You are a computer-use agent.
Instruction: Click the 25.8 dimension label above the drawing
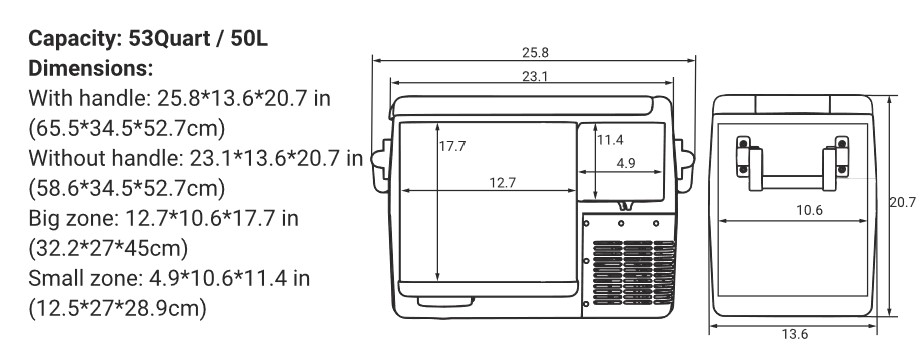click(x=535, y=52)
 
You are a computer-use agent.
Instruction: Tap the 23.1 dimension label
click(x=535, y=76)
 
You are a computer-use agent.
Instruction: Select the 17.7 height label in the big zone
click(x=452, y=147)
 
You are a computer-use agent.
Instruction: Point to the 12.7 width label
click(x=503, y=183)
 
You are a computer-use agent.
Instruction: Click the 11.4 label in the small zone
click(x=610, y=140)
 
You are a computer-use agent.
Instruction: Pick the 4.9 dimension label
click(x=626, y=164)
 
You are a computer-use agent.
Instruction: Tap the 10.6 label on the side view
click(x=809, y=210)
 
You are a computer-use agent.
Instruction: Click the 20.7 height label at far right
click(x=903, y=202)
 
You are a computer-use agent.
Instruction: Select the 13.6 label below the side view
click(x=794, y=334)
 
